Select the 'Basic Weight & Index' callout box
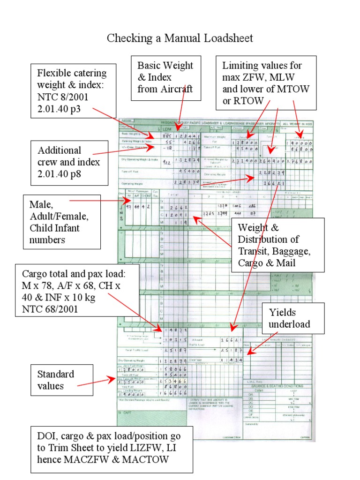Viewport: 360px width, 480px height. tap(165, 77)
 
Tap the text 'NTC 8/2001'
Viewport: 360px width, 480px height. tap(62, 96)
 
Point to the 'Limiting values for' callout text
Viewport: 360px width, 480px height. tap(262, 66)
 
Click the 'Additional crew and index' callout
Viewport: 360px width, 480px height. tap(69, 163)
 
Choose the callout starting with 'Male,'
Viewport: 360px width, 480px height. tap(61, 222)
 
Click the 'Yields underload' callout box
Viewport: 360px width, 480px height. tap(289, 318)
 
